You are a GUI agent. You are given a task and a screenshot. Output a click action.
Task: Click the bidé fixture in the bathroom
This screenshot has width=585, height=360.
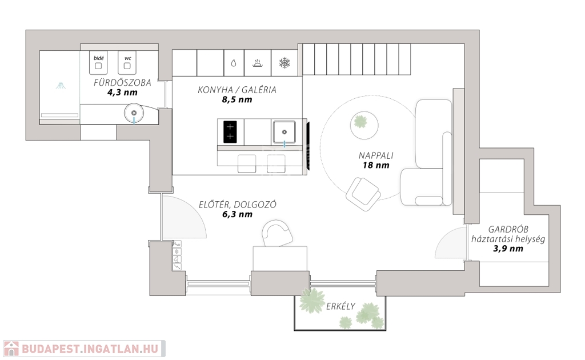pos(98,63)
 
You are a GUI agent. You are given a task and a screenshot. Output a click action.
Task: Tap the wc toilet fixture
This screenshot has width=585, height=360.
pos(127,63)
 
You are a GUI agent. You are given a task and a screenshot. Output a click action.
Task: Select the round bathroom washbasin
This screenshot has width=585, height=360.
pos(134,113)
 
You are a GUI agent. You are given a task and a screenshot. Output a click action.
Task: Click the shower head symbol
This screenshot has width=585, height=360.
pos(61,86)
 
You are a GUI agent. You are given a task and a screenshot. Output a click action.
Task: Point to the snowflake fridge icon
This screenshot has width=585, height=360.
pos(285,63)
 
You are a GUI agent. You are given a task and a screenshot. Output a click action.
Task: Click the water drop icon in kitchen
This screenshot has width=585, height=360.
pos(234,63)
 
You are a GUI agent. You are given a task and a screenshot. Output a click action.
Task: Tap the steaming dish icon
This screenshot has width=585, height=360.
pos(258,63)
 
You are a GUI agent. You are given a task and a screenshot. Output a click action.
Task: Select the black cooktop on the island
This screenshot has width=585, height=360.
pos(230,132)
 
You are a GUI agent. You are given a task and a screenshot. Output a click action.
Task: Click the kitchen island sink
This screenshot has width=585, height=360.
pos(285,132)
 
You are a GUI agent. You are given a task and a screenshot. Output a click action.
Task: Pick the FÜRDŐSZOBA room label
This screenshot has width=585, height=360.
pos(122,82)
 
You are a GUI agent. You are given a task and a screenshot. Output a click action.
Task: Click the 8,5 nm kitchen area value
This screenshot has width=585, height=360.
pos(237,99)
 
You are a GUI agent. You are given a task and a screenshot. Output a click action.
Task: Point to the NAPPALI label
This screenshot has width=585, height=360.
pos(376,155)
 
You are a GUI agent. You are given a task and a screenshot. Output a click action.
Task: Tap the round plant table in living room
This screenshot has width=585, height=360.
pos(364,125)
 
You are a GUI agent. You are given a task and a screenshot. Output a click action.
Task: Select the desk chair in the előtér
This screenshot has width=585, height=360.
pos(277,233)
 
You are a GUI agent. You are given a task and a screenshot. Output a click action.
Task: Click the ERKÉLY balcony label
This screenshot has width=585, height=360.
pos(340,306)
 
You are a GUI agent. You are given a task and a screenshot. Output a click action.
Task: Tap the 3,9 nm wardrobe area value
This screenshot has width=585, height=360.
pos(508,249)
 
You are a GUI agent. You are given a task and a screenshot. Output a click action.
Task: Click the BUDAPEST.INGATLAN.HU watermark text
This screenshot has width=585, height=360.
pos(90,349)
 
